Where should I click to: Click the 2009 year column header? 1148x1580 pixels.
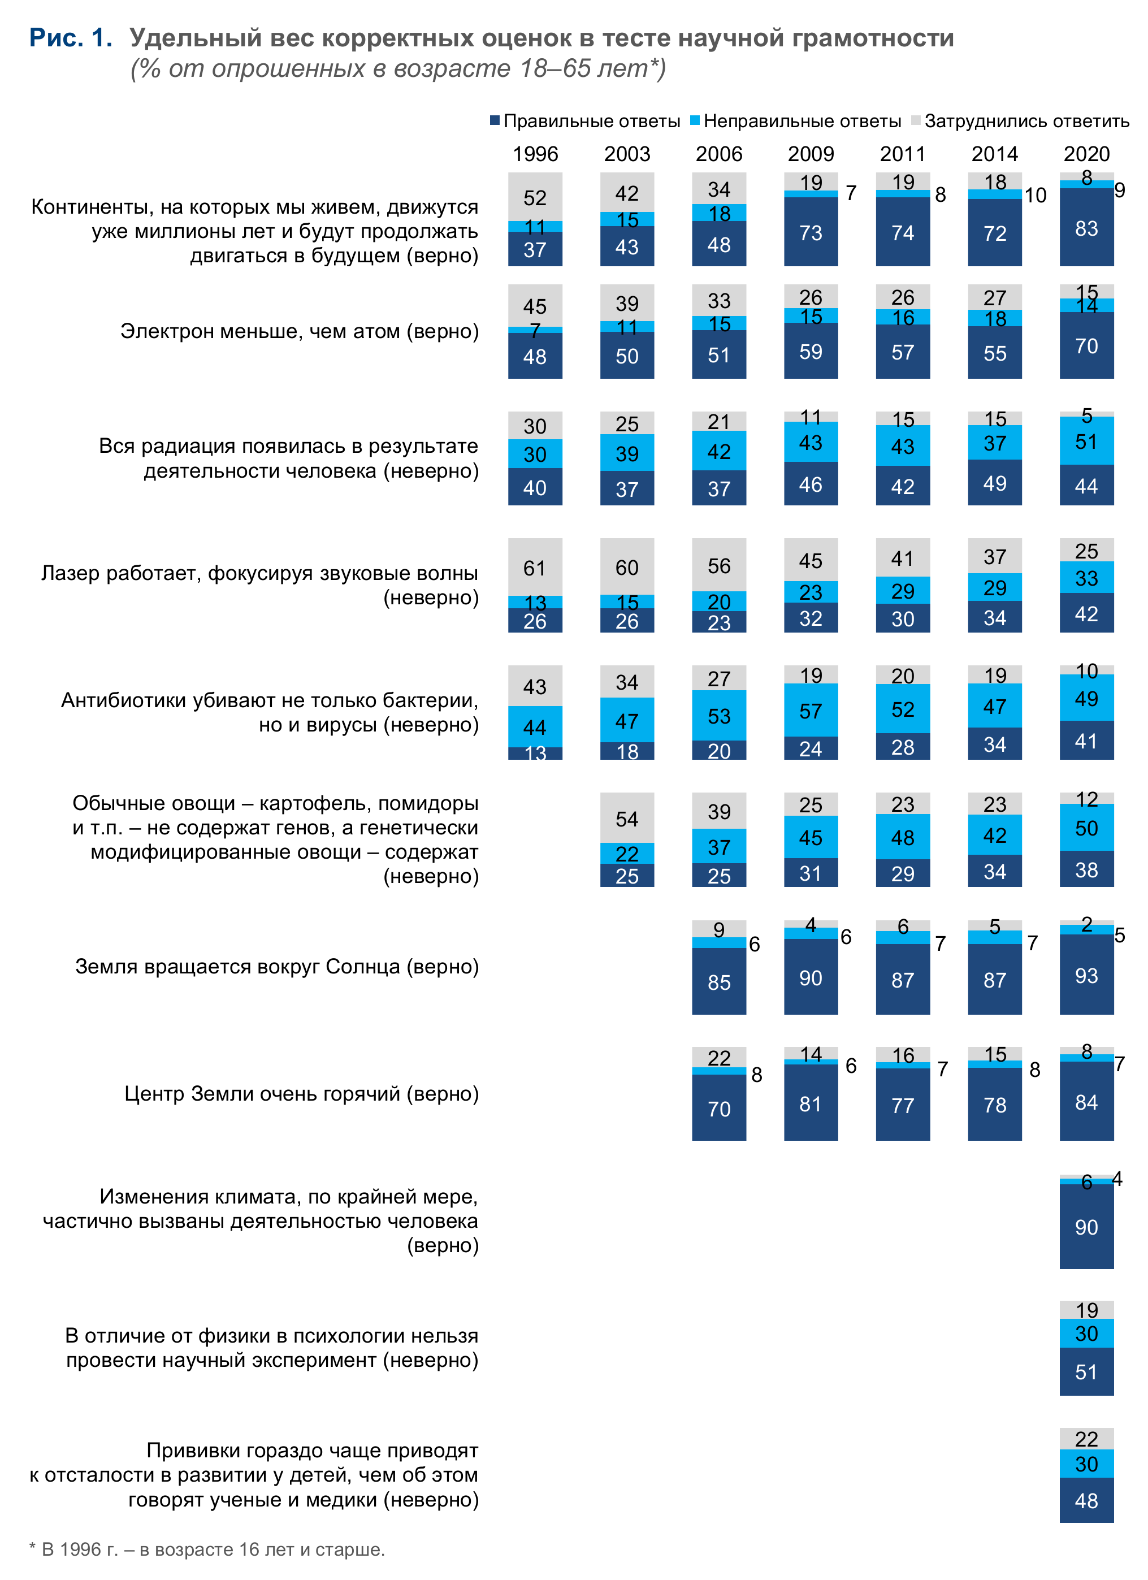811,154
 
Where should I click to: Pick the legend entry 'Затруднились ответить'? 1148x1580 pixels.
1020,121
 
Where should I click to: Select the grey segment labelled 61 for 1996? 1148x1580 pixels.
535,567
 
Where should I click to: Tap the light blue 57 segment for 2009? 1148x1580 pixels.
811,711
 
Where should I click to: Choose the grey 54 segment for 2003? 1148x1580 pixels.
627,818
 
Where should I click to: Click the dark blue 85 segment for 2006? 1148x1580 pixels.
719,981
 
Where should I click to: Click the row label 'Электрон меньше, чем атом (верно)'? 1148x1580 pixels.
300,331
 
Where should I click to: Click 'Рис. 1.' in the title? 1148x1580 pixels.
70,38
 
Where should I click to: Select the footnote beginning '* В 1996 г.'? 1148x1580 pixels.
207,1549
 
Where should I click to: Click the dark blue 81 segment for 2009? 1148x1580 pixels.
811,1103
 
